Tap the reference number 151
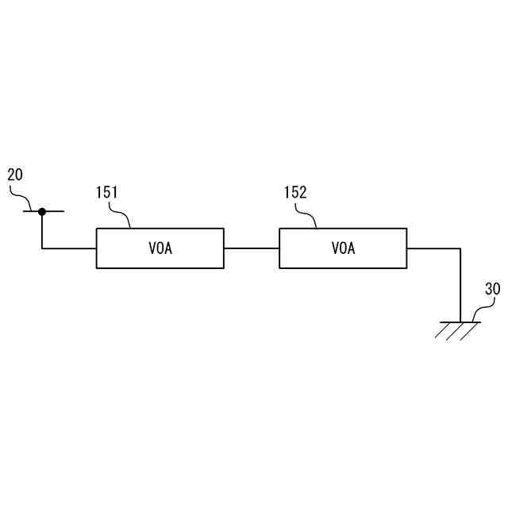[107, 193]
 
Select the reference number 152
[294, 193]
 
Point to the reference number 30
[492, 290]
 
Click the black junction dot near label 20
[42, 211]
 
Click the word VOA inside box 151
[160, 248]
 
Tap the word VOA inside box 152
[343, 248]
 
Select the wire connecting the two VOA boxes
[252, 248]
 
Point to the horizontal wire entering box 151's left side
[70, 248]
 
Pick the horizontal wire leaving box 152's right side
[433, 248]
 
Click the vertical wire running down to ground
[460, 286]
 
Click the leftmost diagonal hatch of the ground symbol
[442, 330]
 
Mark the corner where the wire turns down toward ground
[460, 248]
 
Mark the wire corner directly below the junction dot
[42, 248]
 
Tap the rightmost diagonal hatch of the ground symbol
[469, 330]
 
